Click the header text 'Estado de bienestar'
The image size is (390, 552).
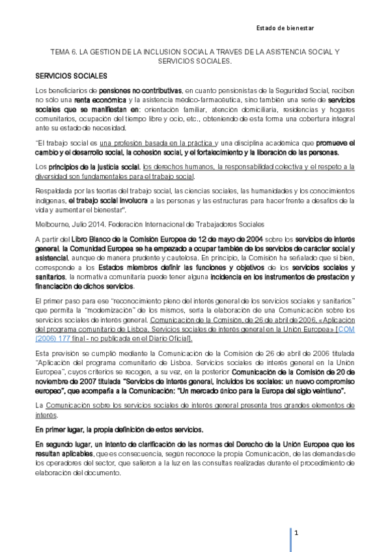(285, 29)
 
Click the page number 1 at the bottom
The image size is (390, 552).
(296, 533)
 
